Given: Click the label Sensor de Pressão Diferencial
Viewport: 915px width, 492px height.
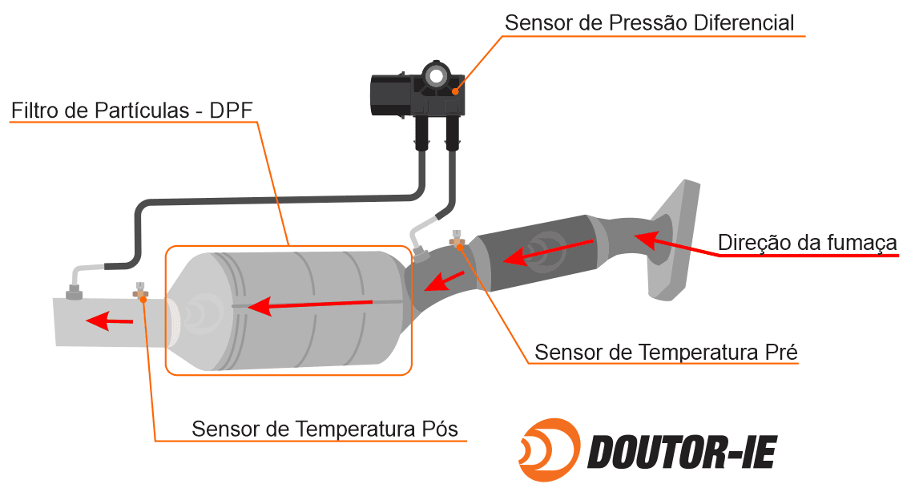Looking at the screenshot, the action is [x=649, y=22].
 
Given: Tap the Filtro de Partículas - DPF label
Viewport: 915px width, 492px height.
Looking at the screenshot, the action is [x=132, y=111].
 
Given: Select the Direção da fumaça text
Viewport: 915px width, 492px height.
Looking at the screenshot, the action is [x=807, y=242].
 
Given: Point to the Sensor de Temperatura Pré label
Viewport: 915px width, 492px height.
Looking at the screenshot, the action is [x=666, y=352].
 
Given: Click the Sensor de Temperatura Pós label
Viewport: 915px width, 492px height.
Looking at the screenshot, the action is [x=324, y=429].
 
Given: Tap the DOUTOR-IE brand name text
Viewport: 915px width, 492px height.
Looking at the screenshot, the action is [x=682, y=452].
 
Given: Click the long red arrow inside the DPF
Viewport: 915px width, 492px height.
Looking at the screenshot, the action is [x=310, y=304].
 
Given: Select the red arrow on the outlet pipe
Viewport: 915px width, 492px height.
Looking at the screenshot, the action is [x=109, y=320].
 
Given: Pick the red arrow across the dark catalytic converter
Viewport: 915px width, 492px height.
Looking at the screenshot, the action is [x=547, y=250].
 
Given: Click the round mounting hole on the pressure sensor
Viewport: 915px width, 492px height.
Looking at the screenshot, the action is [x=435, y=75].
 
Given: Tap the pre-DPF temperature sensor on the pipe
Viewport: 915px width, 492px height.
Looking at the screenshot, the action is [x=457, y=239].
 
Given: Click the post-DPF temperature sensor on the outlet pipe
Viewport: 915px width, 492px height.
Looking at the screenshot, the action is [x=140, y=290].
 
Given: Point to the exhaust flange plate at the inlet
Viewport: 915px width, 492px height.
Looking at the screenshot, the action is [x=674, y=240].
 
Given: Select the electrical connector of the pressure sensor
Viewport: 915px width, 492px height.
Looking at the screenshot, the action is [x=392, y=95].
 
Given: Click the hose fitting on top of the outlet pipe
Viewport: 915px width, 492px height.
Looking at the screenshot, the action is [x=74, y=291].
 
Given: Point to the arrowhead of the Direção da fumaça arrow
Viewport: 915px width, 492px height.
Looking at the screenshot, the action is [x=645, y=239].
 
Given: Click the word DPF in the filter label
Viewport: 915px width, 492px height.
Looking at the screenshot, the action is [x=231, y=111].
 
